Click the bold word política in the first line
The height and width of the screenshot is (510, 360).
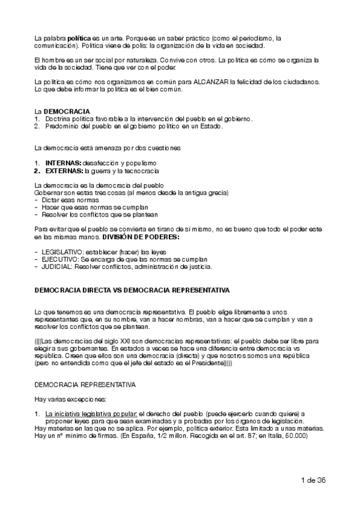tap(79, 38)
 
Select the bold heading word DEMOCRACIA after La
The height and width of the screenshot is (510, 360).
tap(67, 112)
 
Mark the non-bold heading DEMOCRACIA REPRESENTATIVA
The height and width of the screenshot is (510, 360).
tap(85, 383)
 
